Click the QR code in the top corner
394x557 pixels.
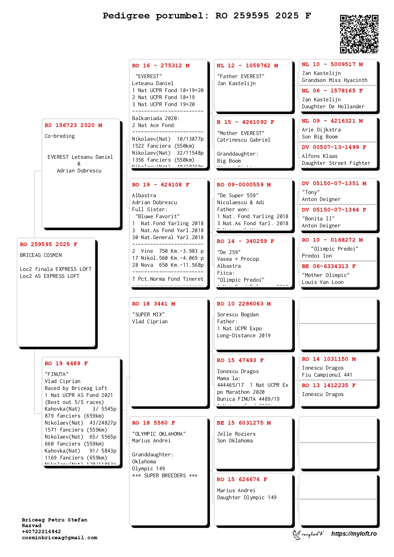click(359, 34)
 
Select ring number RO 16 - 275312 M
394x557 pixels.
click(161, 66)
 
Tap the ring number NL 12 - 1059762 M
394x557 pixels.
click(247, 66)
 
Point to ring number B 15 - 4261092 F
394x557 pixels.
click(245, 122)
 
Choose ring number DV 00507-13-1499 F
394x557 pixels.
click(334, 147)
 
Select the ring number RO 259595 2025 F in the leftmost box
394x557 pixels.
click(49, 245)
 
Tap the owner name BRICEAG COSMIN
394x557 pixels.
click(41, 255)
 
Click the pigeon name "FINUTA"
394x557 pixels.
click(57, 374)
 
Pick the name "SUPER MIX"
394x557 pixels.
click(148, 315)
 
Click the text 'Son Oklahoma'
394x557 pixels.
click(235, 441)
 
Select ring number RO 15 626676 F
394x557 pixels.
click(242, 480)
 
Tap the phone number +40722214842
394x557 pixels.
click(41, 532)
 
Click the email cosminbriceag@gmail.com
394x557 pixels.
click(60, 538)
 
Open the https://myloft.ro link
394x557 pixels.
click(354, 534)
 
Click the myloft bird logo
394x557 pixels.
click(297, 534)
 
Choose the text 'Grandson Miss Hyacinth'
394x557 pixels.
click(335, 80)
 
